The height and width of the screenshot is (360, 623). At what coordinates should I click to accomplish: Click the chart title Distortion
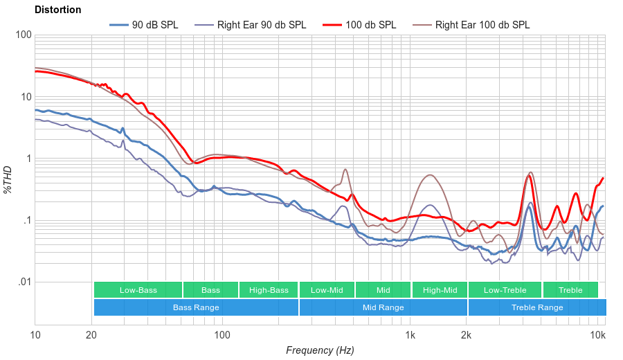point(57,10)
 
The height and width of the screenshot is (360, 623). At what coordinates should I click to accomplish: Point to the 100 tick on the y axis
point(23,35)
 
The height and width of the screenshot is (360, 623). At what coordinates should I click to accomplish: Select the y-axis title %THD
point(8,179)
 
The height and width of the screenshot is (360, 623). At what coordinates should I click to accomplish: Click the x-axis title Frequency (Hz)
point(320,350)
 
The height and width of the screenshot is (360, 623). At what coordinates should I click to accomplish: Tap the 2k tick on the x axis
point(467,336)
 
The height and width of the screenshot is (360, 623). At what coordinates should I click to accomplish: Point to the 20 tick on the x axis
point(91,336)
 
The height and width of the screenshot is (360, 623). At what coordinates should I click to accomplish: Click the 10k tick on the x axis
point(597,336)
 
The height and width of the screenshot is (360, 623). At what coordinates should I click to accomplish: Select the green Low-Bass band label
point(138,290)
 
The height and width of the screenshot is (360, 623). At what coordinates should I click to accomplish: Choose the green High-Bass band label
point(268,290)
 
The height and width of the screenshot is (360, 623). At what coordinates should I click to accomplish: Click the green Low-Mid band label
point(327,290)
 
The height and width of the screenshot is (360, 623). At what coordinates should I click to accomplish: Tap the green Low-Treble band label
point(505,290)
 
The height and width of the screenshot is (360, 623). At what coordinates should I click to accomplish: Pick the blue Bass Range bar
point(196,307)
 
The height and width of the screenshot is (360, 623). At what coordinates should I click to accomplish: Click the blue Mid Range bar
point(383,307)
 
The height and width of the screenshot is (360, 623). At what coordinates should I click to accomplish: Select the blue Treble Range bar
point(536,307)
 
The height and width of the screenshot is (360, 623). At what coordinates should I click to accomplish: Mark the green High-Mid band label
point(440,290)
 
